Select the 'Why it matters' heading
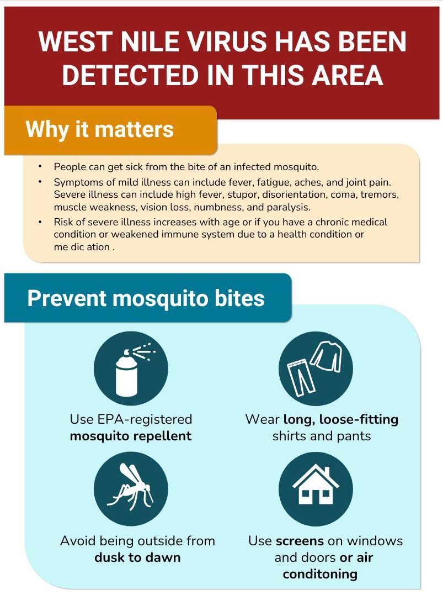[x=100, y=129]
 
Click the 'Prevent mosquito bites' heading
[x=146, y=298]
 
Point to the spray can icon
[x=131, y=368]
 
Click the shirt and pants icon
[x=316, y=368]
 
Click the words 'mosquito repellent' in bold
[x=131, y=436]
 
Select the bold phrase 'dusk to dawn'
[x=137, y=557]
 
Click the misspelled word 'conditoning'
[x=320, y=574]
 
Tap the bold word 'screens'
[x=300, y=541]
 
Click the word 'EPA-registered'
[x=145, y=419]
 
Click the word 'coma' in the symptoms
[x=344, y=194]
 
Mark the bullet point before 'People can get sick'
[x=40, y=166]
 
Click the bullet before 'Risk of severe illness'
[x=40, y=222]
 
